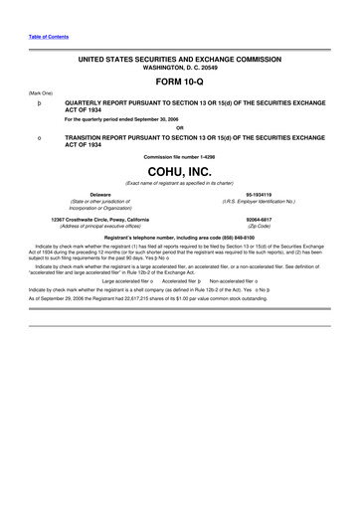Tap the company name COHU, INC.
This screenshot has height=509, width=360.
[179, 171]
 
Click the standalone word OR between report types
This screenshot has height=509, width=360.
[180, 127]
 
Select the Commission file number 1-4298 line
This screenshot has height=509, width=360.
[180, 156]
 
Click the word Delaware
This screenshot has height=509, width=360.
[100, 194]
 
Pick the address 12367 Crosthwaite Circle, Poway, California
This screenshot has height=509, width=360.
[100, 220]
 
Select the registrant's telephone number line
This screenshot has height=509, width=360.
[180, 238]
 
